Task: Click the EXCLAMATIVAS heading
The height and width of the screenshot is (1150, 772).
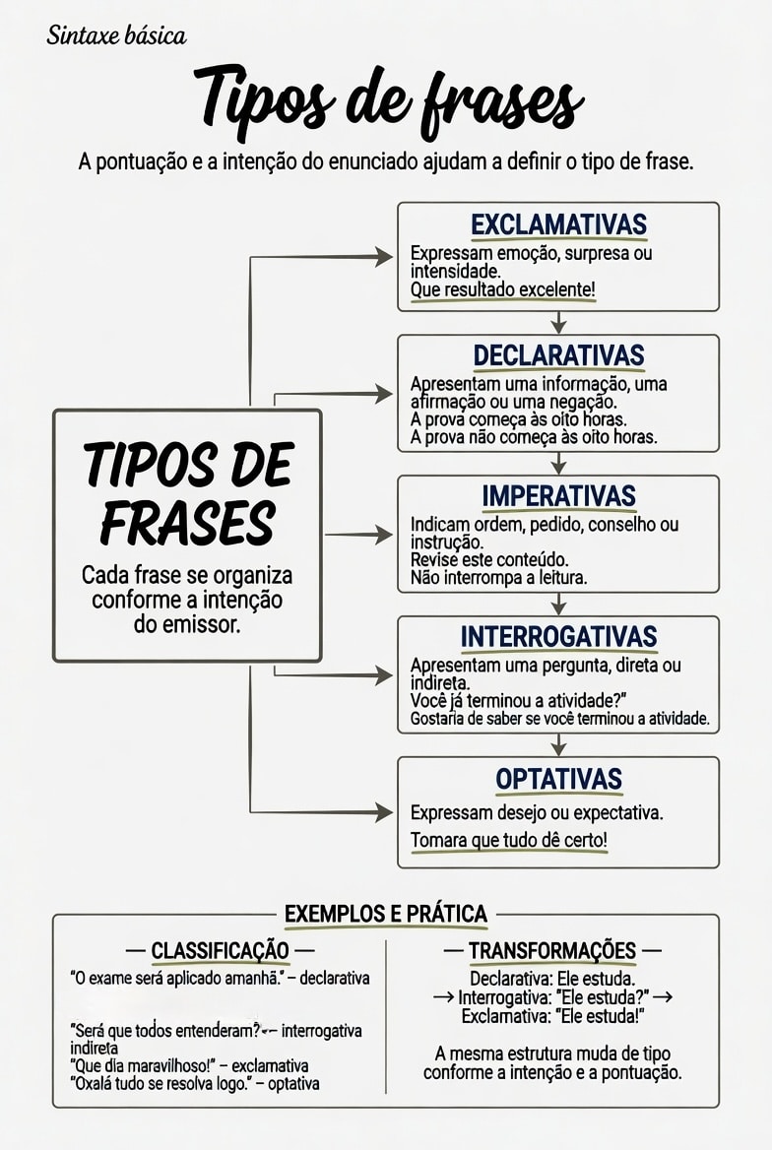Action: (558, 224)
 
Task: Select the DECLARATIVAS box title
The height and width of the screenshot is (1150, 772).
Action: (558, 355)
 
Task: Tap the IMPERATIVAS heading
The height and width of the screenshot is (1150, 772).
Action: (558, 496)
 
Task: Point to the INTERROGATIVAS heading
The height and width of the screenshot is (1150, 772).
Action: (558, 637)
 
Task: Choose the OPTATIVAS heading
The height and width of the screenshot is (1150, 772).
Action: (558, 779)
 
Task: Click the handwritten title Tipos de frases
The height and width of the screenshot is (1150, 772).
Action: (388, 101)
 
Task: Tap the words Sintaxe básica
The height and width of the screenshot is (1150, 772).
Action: (116, 35)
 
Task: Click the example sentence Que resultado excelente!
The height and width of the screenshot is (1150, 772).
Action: (502, 289)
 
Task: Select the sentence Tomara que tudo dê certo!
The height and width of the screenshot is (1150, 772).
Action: (508, 840)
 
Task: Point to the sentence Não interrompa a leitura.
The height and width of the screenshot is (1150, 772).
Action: (499, 578)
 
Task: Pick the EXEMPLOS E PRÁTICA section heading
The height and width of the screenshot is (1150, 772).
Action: (386, 914)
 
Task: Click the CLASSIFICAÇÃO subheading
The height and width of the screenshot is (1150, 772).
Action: (221, 950)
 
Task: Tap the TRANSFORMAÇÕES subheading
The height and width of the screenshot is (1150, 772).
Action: (552, 950)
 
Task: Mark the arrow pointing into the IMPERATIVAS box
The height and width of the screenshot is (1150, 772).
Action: (358, 535)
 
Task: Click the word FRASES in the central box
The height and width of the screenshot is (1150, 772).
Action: (188, 523)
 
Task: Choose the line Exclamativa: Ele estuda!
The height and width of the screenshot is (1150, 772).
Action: (552, 1016)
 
